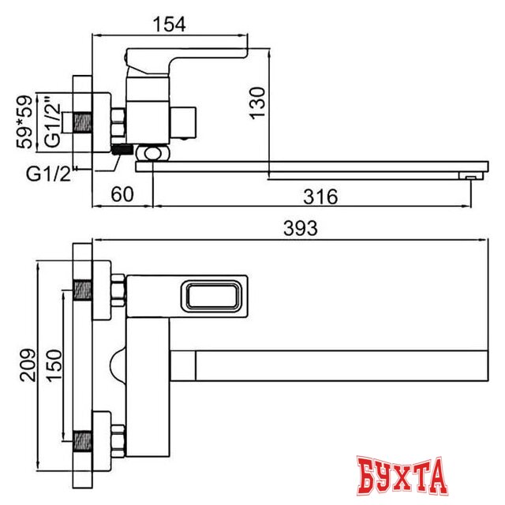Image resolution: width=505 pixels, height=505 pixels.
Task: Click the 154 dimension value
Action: tap(170, 24)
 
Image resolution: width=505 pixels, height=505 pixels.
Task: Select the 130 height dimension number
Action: tap(258, 103)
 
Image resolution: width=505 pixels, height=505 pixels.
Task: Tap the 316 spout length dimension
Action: tap(320, 196)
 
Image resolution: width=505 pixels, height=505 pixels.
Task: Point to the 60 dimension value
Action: tap(122, 194)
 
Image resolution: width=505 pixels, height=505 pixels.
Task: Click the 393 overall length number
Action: tap(300, 228)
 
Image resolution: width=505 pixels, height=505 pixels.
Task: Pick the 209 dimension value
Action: tap(28, 365)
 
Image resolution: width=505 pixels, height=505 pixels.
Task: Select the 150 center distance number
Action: tap(54, 365)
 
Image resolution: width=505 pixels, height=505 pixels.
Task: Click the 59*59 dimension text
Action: tap(24, 122)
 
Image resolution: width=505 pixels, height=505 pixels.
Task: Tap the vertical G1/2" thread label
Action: tap(53, 121)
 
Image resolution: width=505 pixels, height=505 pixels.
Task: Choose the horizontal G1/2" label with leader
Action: tap(49, 174)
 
